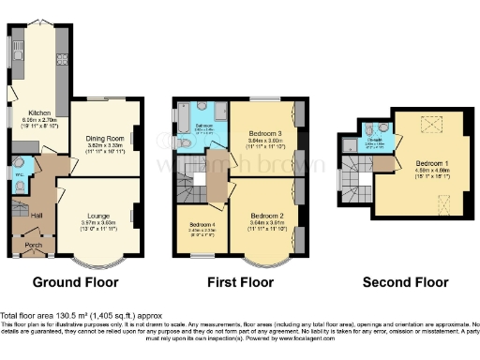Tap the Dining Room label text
click(105, 138)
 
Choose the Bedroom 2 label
click(266, 215)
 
